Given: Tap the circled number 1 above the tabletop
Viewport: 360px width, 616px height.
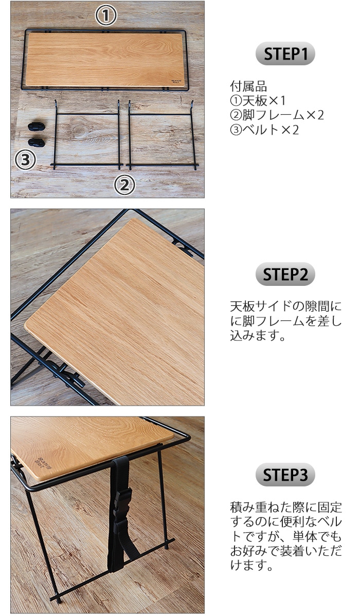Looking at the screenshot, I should pos(106,16).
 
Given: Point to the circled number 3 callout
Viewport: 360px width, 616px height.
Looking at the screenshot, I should pos(25,160).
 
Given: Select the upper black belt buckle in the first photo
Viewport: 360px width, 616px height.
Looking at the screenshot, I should pos(35,126).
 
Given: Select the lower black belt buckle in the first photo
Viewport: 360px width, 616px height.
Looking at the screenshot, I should pos(35,140).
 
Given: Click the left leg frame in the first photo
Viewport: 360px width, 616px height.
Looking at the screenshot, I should pos(87,135).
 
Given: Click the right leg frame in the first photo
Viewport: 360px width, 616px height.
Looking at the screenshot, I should pos(161,135).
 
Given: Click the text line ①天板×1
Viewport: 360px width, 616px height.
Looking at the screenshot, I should pos(257,100).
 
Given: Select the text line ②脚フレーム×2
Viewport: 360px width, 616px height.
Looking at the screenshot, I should pos(276,115).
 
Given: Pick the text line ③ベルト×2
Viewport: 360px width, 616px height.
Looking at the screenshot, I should pos(264,130).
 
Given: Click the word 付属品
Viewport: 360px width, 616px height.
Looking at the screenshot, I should pos(248,85).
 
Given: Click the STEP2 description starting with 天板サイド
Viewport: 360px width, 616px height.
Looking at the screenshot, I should pos(285,322).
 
